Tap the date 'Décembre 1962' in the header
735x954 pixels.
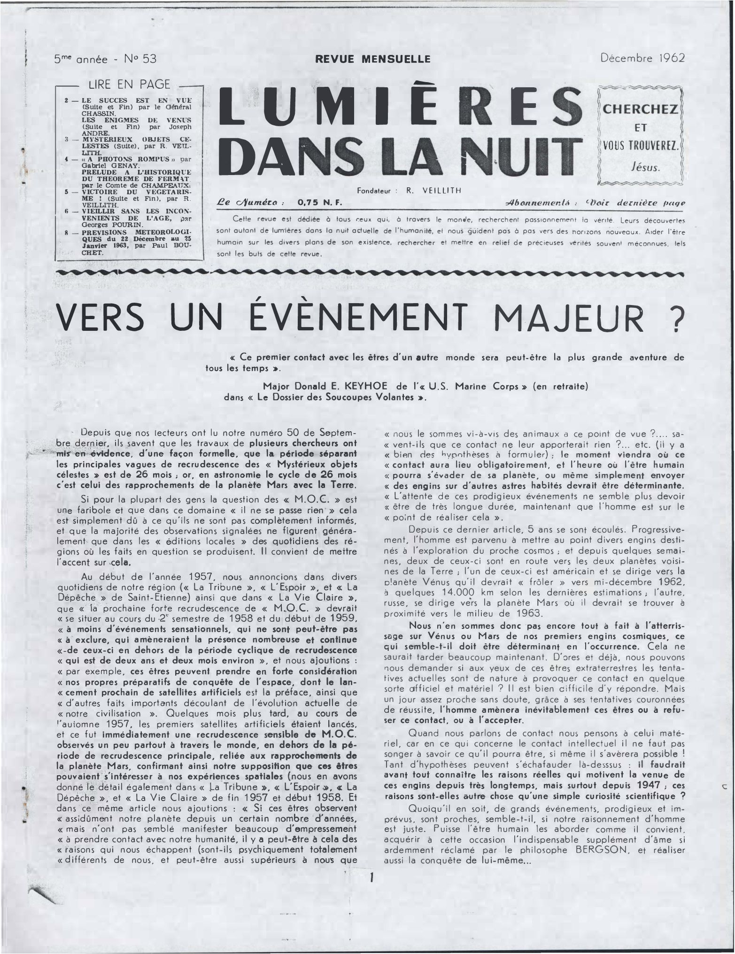coord(642,58)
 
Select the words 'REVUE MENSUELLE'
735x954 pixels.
coord(372,59)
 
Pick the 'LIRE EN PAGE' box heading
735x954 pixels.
coord(129,84)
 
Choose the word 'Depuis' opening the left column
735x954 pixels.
coord(97,432)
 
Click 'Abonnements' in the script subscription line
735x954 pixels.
coord(537,203)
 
